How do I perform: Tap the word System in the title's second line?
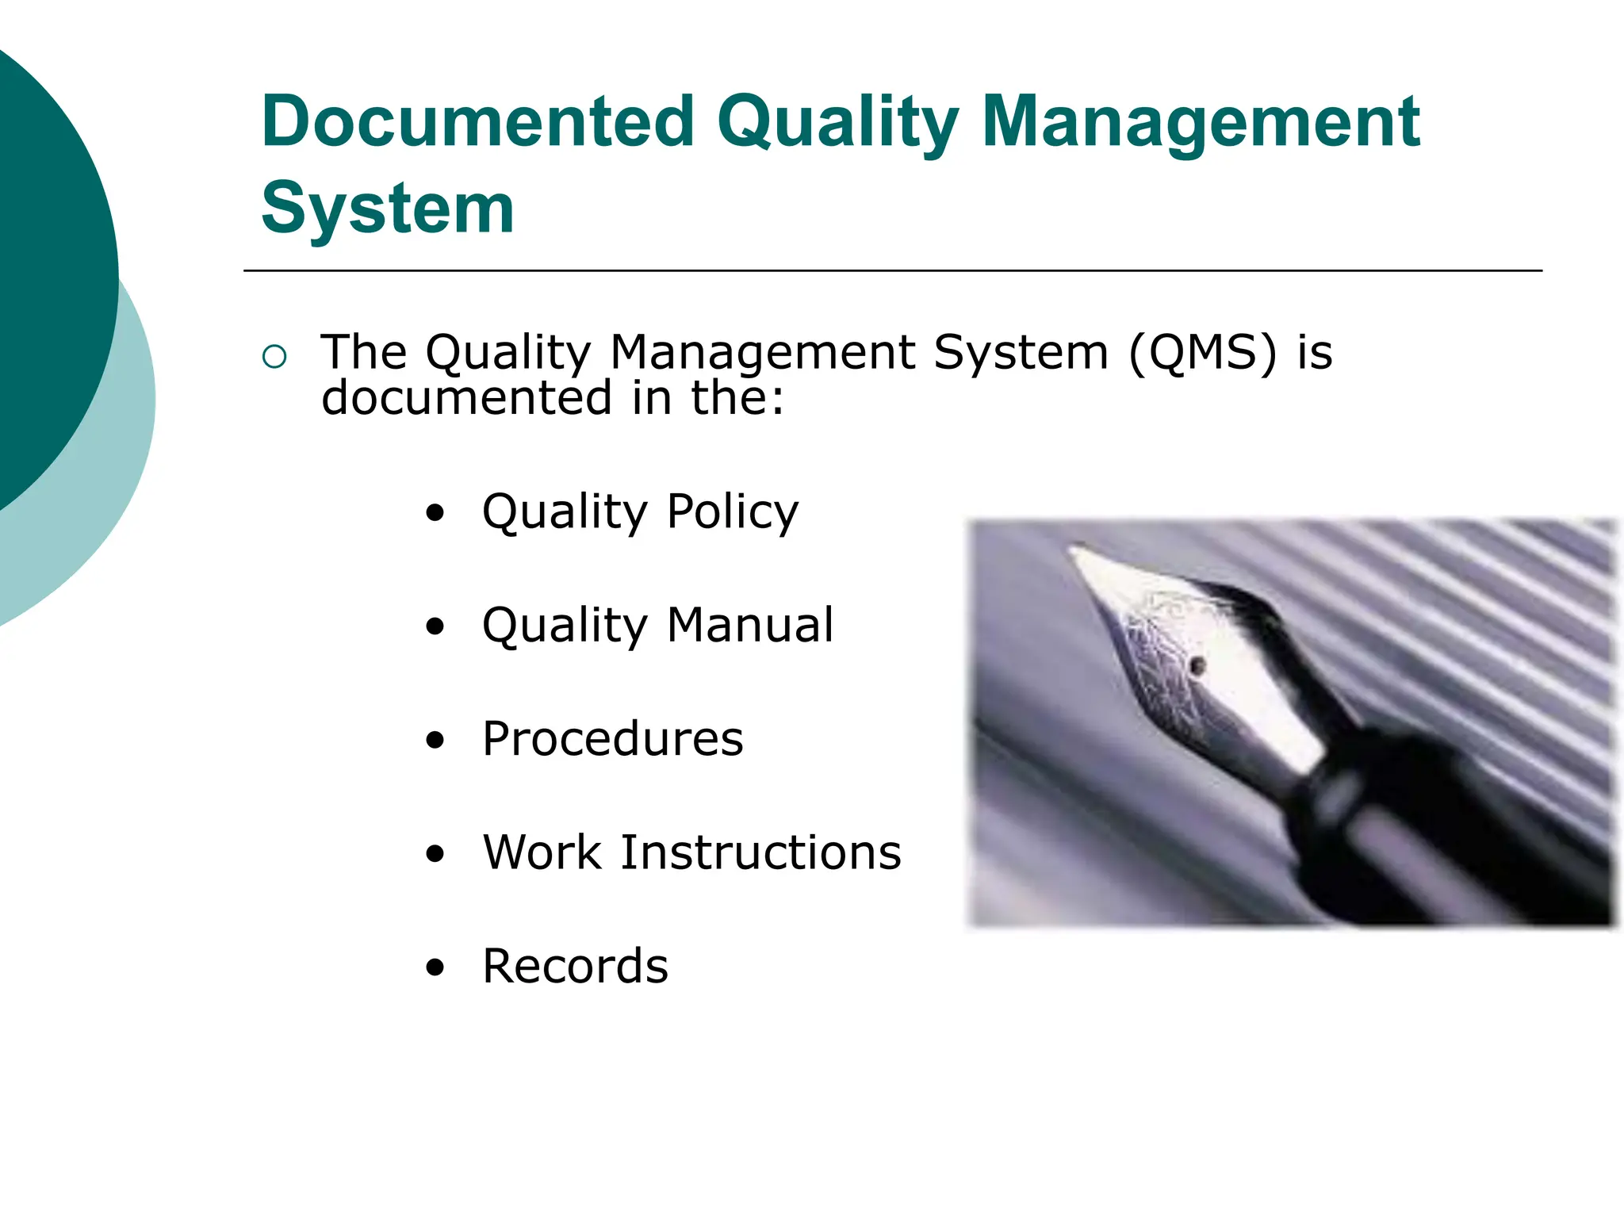388,208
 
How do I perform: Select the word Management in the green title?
1201,123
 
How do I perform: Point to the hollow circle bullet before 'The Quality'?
274,357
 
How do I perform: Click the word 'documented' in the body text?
467,397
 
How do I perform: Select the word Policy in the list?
732,511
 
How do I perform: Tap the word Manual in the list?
749,625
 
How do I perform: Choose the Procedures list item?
612,739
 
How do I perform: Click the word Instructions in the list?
760,852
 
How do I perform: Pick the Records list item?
575,966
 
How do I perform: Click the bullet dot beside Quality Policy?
435,513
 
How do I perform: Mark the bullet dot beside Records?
435,967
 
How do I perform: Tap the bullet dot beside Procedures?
435,741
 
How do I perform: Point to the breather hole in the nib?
1198,665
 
